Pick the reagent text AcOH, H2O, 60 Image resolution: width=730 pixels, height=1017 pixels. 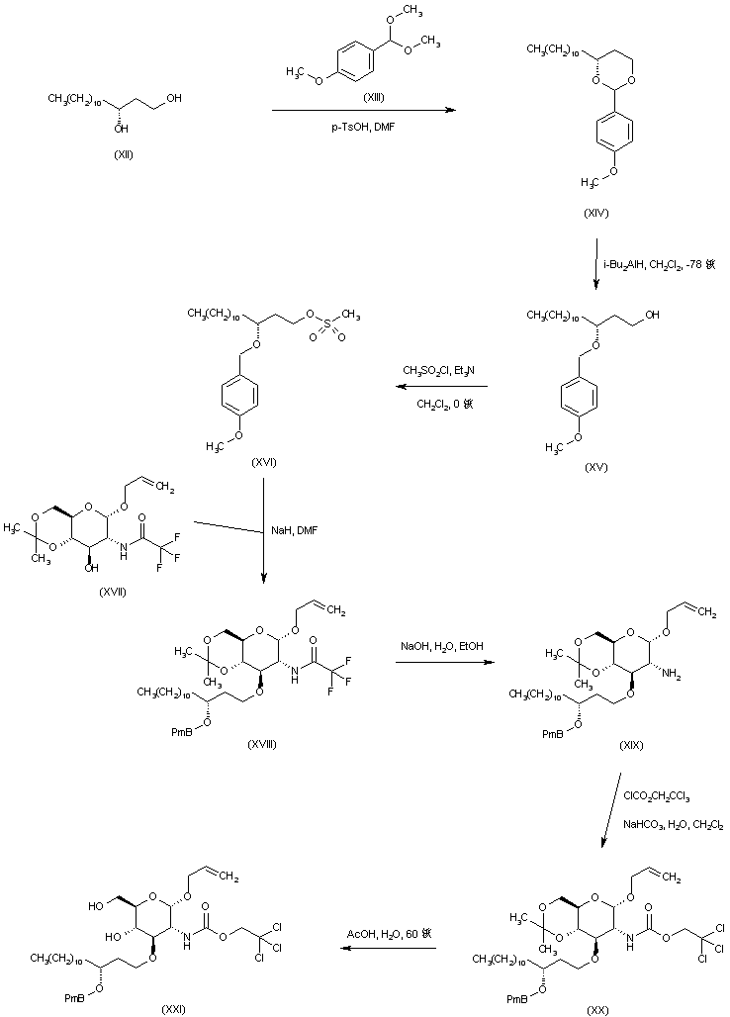(387, 931)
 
